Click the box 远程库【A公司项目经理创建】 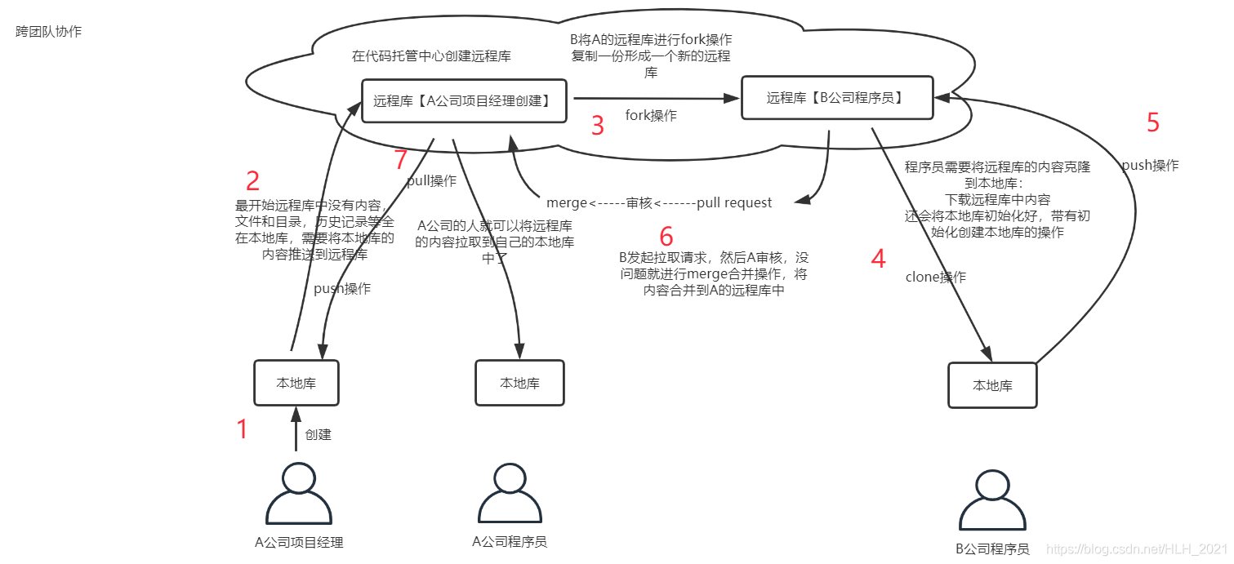click(464, 101)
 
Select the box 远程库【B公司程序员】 click(837, 98)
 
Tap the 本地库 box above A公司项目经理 click(296, 383)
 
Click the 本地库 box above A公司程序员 click(519, 383)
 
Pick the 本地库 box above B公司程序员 click(992, 385)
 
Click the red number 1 click(242, 429)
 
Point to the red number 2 click(253, 180)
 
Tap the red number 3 click(598, 126)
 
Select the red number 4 click(878, 259)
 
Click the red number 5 click(1153, 122)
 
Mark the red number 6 click(666, 237)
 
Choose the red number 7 click(400, 161)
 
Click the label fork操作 click(651, 116)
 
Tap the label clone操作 click(935, 278)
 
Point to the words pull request click(734, 202)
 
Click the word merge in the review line click(567, 202)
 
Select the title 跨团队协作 click(49, 32)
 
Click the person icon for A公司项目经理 click(299, 494)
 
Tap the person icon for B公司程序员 click(992, 501)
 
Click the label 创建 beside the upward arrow click(319, 434)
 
